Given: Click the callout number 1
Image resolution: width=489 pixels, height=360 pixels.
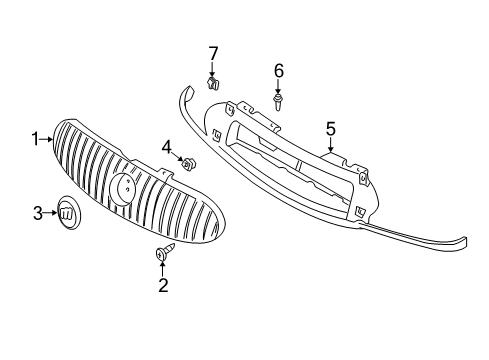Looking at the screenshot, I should point(34,139).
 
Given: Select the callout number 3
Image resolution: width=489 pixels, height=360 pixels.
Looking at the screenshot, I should point(38,212).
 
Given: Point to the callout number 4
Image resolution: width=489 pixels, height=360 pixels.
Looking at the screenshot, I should point(168,147).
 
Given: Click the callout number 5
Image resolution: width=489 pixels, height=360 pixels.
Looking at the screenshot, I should point(330,128).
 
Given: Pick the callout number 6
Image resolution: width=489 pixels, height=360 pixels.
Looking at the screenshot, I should point(279,70).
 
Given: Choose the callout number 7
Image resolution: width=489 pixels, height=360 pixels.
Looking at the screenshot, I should point(212,52).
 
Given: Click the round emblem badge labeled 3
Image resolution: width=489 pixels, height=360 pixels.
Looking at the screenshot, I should point(68,213).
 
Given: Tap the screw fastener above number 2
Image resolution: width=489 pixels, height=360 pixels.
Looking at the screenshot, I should point(161,255).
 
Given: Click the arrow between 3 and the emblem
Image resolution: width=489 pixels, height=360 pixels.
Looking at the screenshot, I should point(50,212).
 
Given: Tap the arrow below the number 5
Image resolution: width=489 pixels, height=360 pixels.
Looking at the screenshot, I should point(330,144).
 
